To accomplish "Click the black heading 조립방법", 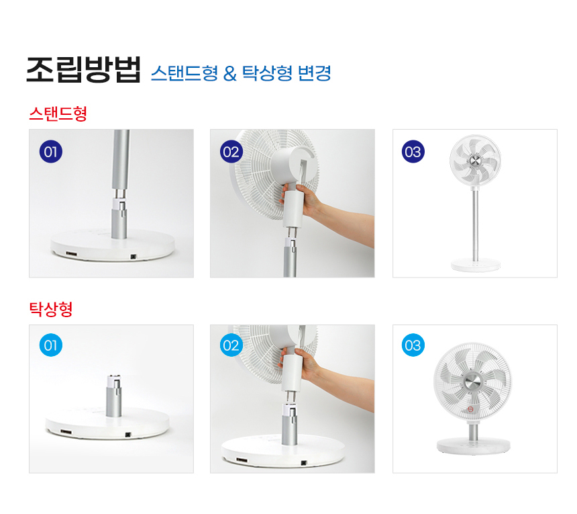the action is [84, 70].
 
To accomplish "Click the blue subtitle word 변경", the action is [314, 73].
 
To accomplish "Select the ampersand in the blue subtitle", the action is [229, 73].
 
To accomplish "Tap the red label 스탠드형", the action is [58, 114].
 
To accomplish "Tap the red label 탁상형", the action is [51, 309].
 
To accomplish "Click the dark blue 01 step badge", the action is [51, 152].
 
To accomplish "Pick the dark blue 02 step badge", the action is [231, 152].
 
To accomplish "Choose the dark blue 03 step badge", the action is [413, 152].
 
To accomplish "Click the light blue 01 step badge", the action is [51, 345].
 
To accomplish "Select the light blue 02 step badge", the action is [231, 345].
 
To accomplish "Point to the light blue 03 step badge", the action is [413, 345].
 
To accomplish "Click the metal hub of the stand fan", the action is [475, 160].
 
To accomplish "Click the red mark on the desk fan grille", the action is [470, 409].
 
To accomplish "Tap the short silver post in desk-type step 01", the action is [113, 396].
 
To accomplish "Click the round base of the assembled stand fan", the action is [476, 265].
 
